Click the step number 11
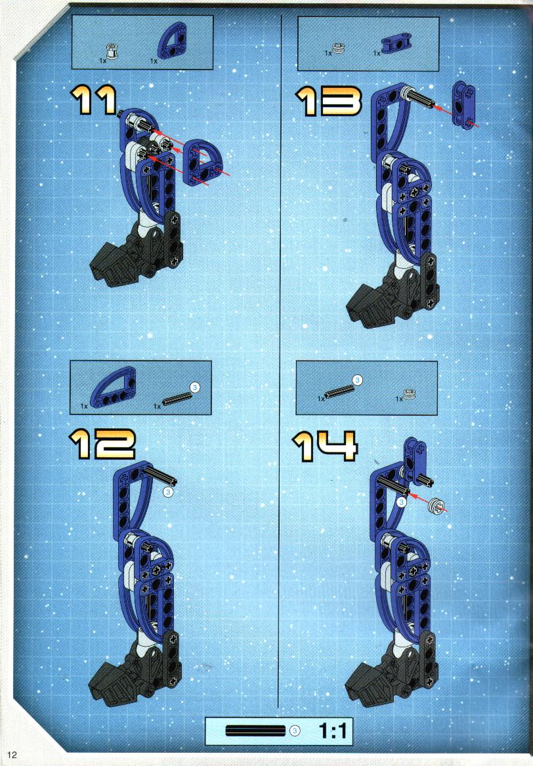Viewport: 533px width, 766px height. point(95,100)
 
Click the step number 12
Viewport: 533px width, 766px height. point(102,444)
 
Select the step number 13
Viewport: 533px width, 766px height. point(329,101)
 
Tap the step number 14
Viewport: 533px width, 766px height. point(325,445)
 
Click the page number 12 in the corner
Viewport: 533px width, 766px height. point(12,755)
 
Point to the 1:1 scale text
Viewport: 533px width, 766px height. point(333,731)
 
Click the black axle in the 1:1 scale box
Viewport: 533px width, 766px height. point(255,731)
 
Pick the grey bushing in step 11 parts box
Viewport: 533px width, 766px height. point(113,51)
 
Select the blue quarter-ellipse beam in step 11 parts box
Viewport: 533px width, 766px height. point(172,41)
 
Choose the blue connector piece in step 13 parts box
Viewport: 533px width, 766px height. point(396,43)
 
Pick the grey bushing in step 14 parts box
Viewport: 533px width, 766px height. point(408,395)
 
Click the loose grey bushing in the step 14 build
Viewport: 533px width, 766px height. point(436,506)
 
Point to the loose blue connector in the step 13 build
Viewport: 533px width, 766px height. point(462,104)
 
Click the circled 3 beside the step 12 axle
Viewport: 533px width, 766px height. point(168,491)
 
